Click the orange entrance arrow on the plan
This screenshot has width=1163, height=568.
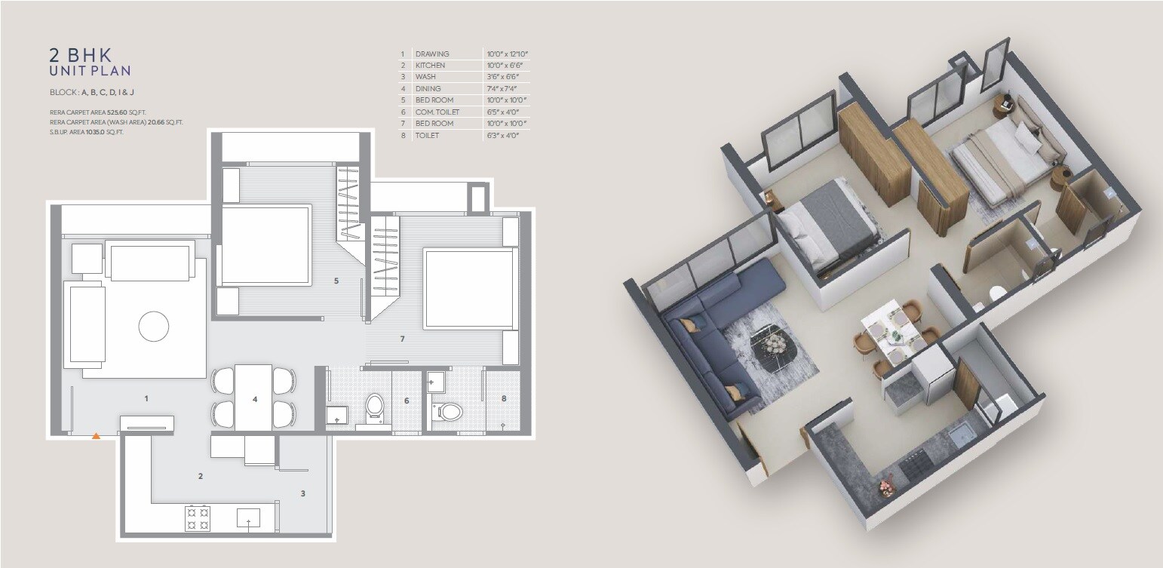[96, 435]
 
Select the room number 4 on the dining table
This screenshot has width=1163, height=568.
[255, 399]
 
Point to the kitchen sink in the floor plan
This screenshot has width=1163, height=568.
[248, 518]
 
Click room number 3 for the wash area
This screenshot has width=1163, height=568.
[303, 494]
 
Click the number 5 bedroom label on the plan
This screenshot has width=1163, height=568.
[336, 281]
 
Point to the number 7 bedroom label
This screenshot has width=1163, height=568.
[403, 339]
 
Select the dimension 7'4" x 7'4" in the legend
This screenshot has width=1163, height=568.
[505, 89]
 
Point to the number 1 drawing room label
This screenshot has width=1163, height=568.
[146, 397]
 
